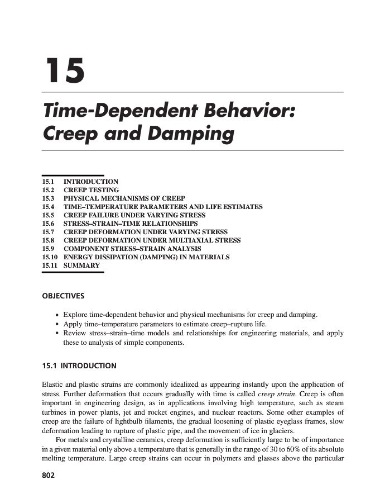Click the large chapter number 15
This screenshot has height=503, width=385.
coord(64,70)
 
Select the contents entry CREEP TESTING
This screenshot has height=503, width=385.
coord(91,190)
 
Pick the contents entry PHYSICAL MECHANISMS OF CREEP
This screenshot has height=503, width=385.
coord(124,198)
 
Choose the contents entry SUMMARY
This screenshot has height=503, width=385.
coord(81,265)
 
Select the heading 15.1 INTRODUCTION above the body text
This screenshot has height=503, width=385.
coord(79,366)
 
